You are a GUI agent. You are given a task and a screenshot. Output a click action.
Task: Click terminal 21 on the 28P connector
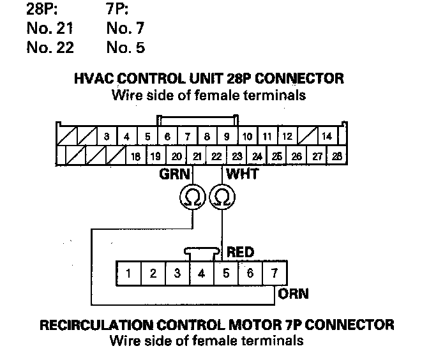pos(197,156)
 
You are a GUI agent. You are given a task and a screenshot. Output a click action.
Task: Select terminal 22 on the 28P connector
pos(217,156)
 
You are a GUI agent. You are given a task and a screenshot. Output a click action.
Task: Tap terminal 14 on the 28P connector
pos(327,136)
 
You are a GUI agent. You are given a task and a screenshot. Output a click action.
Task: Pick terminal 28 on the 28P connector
pos(336,156)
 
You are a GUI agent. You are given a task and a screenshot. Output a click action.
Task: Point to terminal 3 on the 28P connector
pos(107,136)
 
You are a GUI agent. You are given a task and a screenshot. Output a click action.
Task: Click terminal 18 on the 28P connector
pos(135,156)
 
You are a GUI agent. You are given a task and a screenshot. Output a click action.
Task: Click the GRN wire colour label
pos(172,173)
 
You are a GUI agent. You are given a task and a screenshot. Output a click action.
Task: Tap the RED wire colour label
pos(241,253)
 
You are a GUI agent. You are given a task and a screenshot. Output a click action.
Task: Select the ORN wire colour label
pos(294,294)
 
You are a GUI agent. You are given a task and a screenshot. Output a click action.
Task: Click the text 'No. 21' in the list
pos(50,29)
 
